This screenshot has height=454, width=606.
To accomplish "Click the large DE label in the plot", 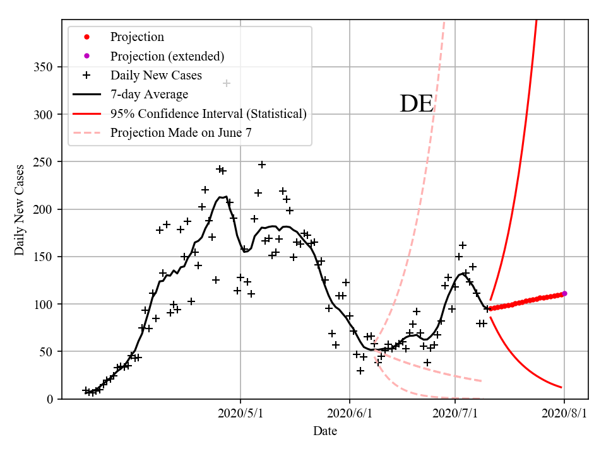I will (417, 104).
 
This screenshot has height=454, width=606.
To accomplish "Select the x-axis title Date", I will (324, 431).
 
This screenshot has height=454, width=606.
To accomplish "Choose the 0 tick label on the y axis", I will (49, 399).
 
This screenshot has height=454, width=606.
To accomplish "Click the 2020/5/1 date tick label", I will (241, 414).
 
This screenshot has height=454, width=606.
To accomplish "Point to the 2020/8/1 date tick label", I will (564, 414).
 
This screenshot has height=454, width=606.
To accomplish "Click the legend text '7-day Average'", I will (149, 95).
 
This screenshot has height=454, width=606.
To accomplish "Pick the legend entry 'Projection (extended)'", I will (167, 56).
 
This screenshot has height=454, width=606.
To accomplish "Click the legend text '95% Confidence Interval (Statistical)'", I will (208, 114).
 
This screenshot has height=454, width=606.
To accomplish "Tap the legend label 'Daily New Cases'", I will (156, 76).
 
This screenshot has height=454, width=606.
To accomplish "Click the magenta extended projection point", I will (564, 293).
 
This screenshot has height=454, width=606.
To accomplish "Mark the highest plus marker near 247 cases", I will (262, 165).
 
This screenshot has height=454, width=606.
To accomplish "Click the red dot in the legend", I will (86, 37).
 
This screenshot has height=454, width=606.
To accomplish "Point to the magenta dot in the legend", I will (86, 56).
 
